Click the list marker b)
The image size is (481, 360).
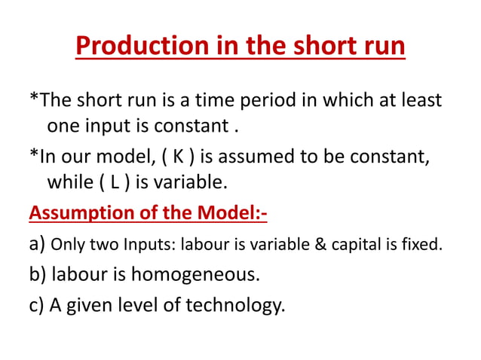click(38, 274)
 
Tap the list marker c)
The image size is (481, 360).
click(37, 306)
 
